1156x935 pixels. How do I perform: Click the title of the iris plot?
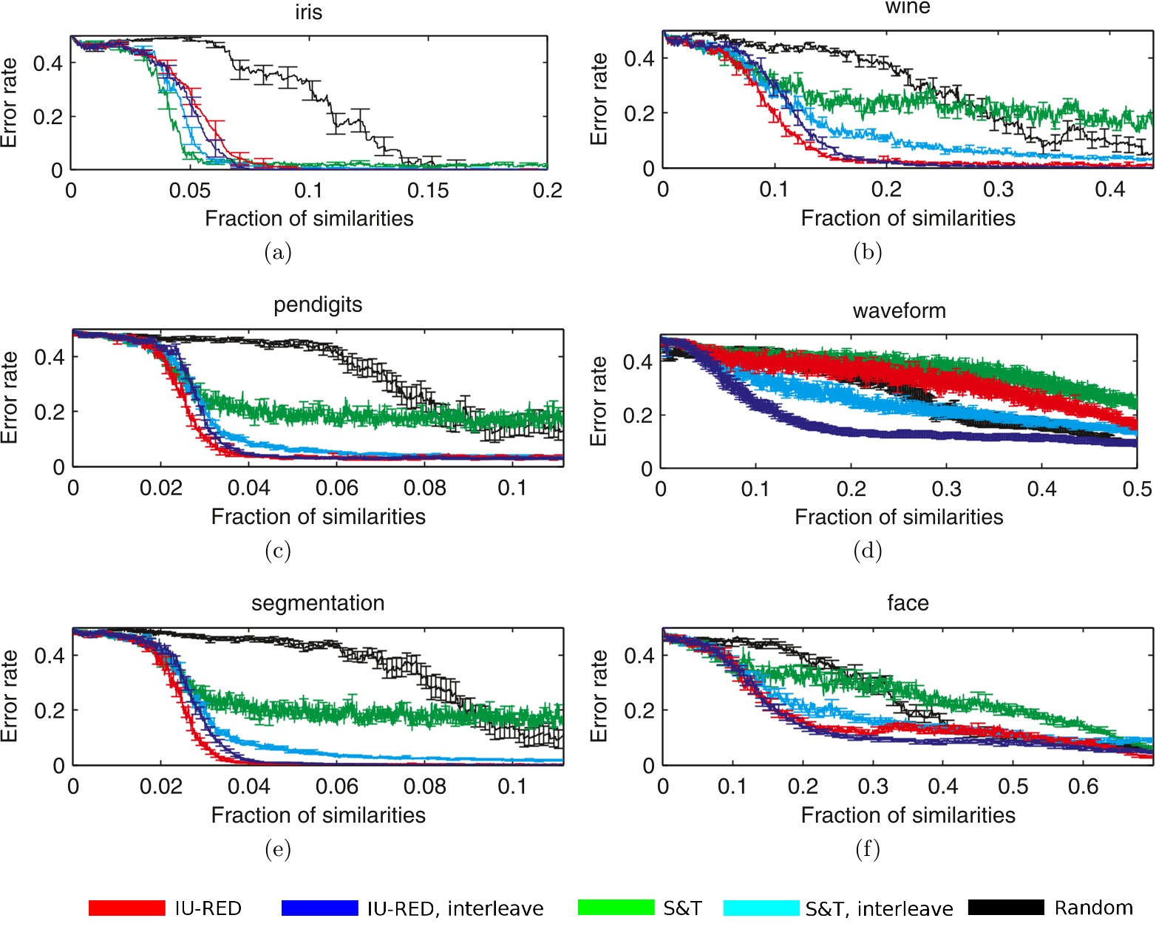[308, 13]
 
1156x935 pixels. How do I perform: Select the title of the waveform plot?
[899, 310]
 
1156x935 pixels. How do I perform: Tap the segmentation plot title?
[318, 603]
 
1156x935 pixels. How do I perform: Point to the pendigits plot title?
[318, 305]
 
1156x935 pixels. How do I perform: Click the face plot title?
[908, 603]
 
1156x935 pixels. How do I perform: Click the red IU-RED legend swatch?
[126, 908]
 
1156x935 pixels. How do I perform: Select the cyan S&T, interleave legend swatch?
[761, 908]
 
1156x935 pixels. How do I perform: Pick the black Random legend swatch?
[1006, 907]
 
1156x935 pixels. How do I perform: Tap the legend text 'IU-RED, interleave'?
[455, 908]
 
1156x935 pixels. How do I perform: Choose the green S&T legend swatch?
[616, 907]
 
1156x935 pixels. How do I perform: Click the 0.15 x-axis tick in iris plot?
[428, 191]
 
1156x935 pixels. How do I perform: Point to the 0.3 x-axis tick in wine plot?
[998, 189]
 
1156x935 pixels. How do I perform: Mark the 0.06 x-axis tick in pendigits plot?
[337, 488]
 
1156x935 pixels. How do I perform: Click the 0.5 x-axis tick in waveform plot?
[1137, 489]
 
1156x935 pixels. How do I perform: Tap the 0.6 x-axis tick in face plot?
[1083, 786]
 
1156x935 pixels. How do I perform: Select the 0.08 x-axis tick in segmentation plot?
[425, 786]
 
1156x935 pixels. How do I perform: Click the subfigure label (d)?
[868, 551]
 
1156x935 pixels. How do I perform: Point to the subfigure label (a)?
[278, 253]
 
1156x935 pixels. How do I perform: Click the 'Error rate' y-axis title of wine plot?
[599, 99]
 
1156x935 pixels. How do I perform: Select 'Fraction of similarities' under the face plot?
[908, 815]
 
